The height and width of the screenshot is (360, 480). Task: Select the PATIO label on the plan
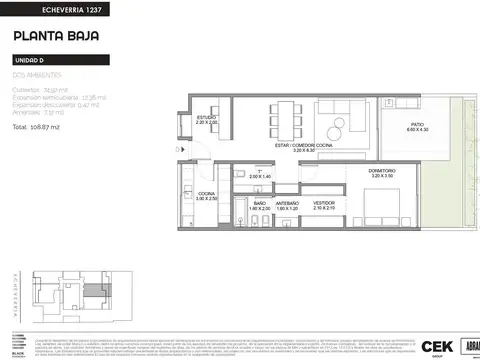tap(416, 125)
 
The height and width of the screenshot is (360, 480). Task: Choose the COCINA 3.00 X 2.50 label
tap(206, 196)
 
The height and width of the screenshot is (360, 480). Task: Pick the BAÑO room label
tap(259, 206)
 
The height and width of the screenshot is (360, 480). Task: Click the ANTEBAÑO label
tap(288, 206)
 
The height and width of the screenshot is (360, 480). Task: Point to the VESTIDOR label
tap(323, 206)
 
